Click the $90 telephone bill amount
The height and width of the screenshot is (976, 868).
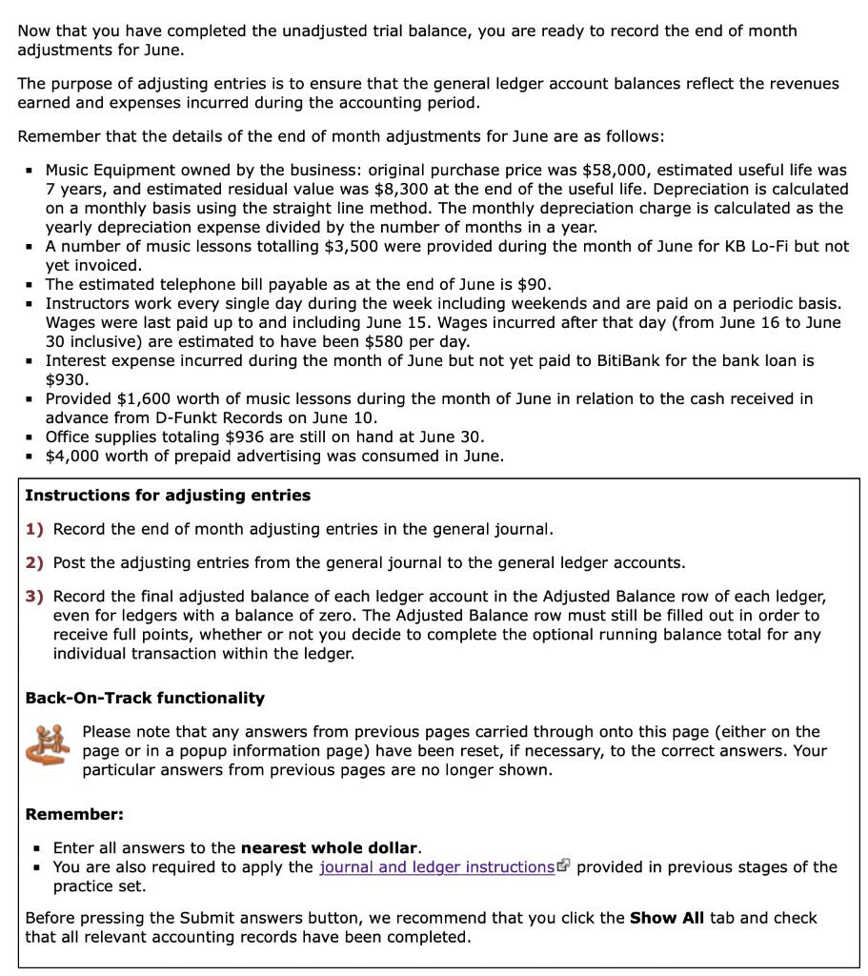click(534, 284)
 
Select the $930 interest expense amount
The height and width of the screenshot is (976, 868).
click(67, 379)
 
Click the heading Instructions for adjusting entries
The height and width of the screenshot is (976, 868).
click(168, 495)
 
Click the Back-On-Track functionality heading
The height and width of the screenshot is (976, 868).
click(145, 698)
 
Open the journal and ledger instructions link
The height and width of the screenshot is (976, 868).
click(436, 866)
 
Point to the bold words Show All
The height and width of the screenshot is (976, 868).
click(667, 918)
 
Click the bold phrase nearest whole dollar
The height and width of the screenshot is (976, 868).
click(329, 847)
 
